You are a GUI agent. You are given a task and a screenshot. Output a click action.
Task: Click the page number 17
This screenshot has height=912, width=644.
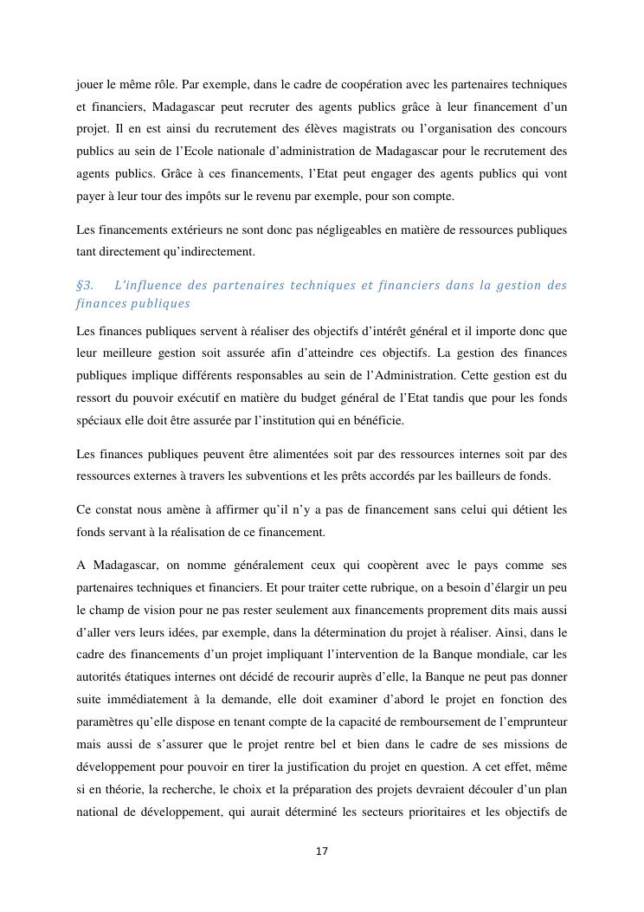[x=321, y=851]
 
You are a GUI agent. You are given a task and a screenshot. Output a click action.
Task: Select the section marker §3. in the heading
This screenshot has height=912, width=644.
[x=85, y=285]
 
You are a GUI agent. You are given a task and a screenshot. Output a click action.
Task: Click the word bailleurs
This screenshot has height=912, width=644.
[x=486, y=477]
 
